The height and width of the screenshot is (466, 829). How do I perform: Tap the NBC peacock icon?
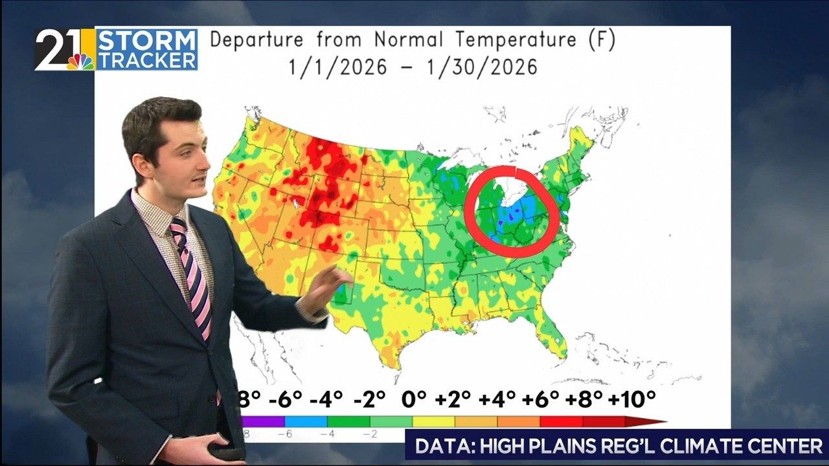coord(81,60)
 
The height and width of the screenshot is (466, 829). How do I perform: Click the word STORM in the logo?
coord(146,40)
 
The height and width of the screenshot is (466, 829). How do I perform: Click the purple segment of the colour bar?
coord(262,421)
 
